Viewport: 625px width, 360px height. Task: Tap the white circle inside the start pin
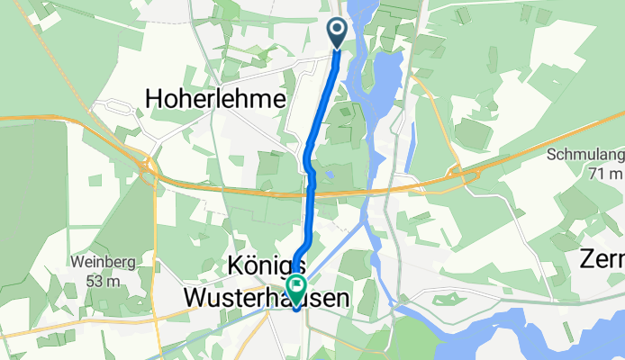(338, 30)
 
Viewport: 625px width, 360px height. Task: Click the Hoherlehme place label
(216, 98)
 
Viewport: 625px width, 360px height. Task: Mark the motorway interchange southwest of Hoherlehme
(149, 168)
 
